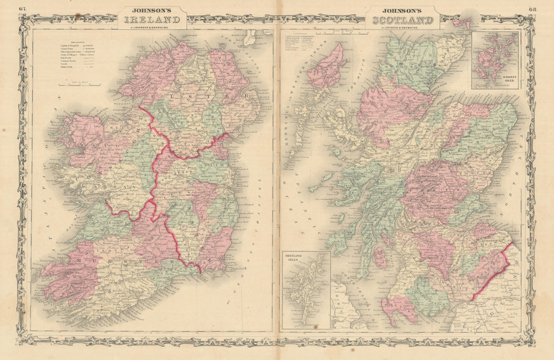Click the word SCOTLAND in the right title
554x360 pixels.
click(403, 20)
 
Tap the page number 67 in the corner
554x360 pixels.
click(22, 8)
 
